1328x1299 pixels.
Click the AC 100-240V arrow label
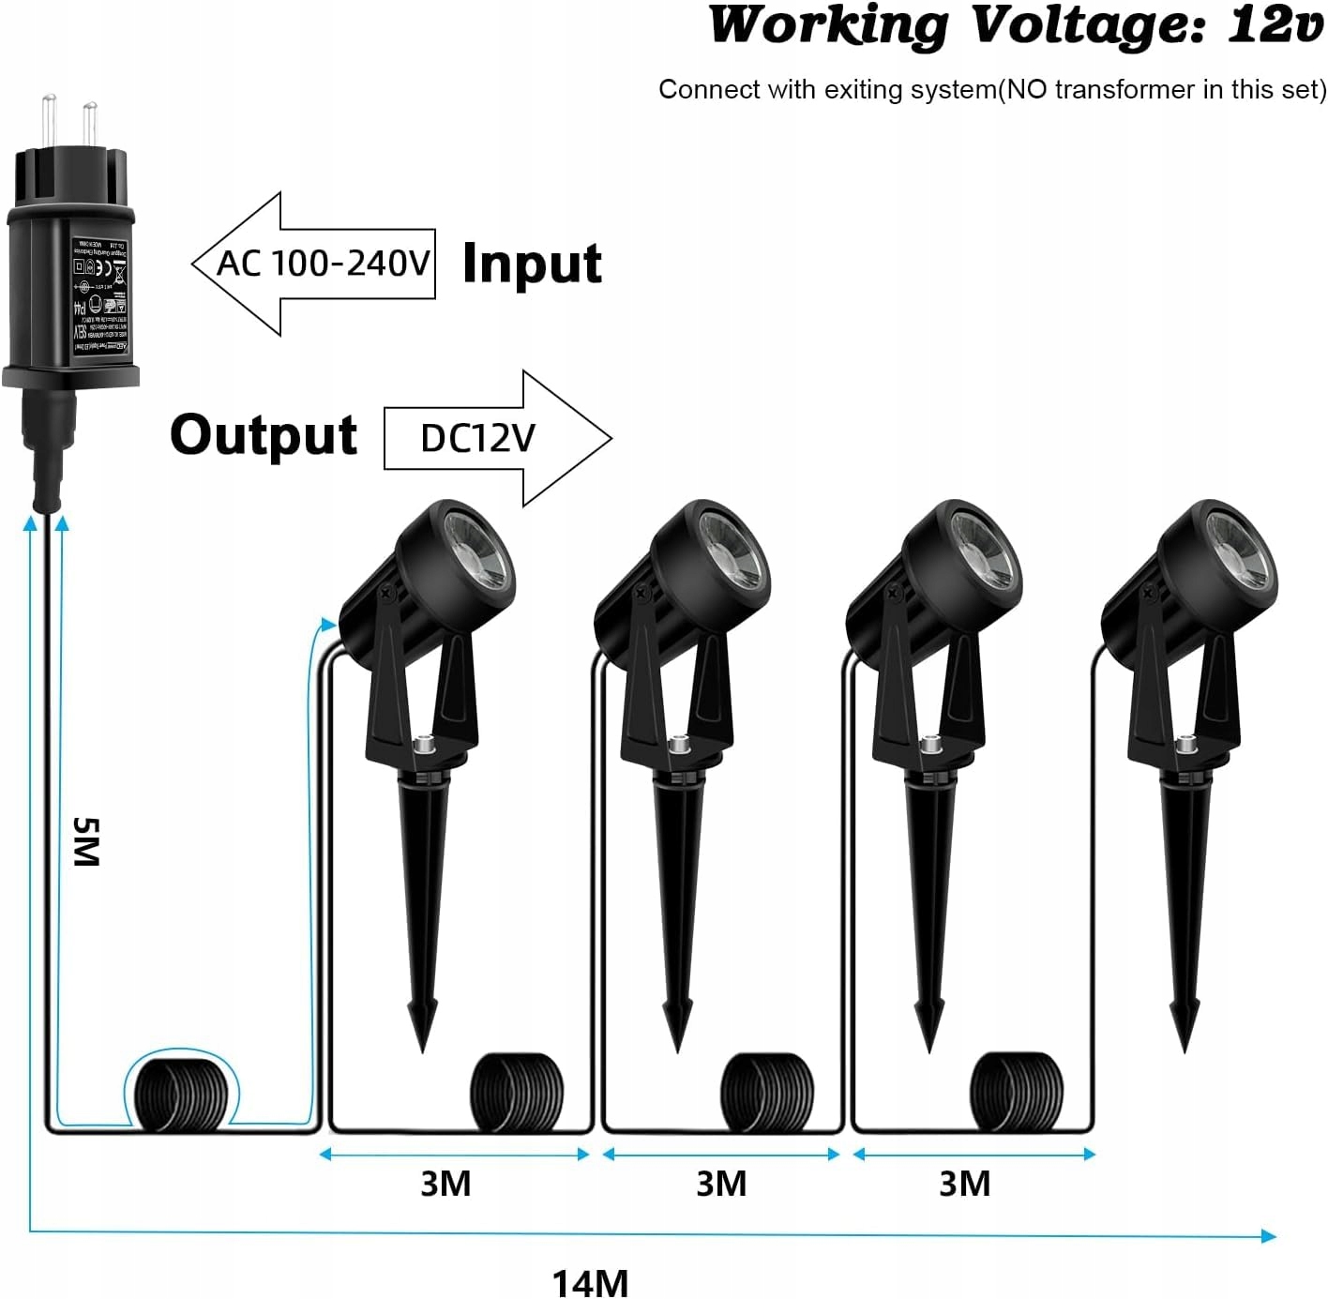pos(323,264)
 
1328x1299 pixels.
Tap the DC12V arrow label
pos(477,438)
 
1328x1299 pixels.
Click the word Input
pos(532,264)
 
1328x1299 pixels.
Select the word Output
pos(264,435)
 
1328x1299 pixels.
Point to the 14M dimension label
pos(590,1282)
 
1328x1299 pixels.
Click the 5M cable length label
pos(85,841)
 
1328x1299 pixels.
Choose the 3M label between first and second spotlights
pos(445,1184)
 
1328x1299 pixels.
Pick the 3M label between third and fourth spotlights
pos(964,1184)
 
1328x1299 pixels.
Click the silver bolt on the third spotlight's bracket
pos(930,747)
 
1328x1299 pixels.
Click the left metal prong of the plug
pos(49,116)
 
